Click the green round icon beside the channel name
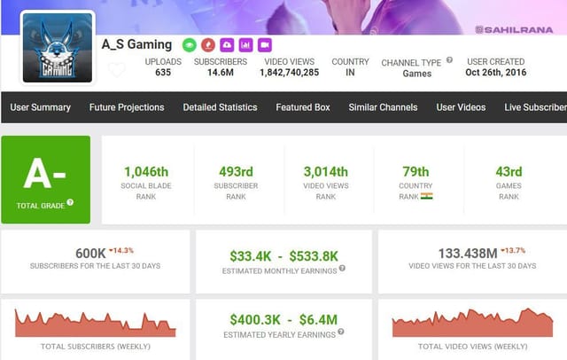(x=189, y=44)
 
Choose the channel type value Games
(x=416, y=74)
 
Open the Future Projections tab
(x=127, y=107)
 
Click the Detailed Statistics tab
(x=220, y=107)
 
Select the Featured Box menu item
(x=302, y=107)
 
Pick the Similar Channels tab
(x=383, y=107)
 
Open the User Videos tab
(x=461, y=107)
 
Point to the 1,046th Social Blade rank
(x=146, y=171)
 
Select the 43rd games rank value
(x=508, y=171)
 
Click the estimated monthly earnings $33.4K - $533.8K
(x=283, y=255)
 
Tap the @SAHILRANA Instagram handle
(x=513, y=29)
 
